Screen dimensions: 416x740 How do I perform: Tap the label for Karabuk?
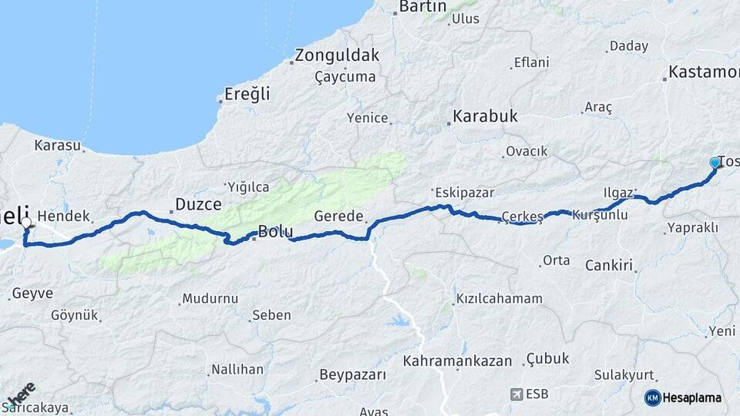pyautogui.click(x=485, y=117)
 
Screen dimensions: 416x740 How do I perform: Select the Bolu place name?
pyautogui.click(x=275, y=230)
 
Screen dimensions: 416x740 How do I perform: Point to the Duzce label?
pyautogui.click(x=198, y=204)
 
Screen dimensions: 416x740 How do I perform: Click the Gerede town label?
pyautogui.click(x=338, y=216)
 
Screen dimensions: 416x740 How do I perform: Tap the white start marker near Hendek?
pyautogui.click(x=27, y=223)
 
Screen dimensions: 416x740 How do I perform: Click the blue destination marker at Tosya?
pyautogui.click(x=714, y=163)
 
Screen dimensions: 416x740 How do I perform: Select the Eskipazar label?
pyautogui.click(x=464, y=193)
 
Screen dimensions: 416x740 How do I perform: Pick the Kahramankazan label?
pyautogui.click(x=458, y=361)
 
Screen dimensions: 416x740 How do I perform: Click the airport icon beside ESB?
pyautogui.click(x=516, y=394)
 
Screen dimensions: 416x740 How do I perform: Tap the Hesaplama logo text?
pyautogui.click(x=692, y=398)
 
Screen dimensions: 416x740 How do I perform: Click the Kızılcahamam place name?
pyautogui.click(x=499, y=298)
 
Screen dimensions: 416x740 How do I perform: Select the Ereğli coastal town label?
pyautogui.click(x=247, y=94)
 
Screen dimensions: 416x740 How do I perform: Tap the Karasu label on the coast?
pyautogui.click(x=57, y=145)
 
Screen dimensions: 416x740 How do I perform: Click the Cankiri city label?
pyautogui.click(x=609, y=266)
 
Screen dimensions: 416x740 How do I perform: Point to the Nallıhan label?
pyautogui.click(x=237, y=369)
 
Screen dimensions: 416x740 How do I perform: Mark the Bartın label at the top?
pyautogui.click(x=422, y=7)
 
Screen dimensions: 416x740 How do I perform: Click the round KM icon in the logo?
pyautogui.click(x=652, y=398)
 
